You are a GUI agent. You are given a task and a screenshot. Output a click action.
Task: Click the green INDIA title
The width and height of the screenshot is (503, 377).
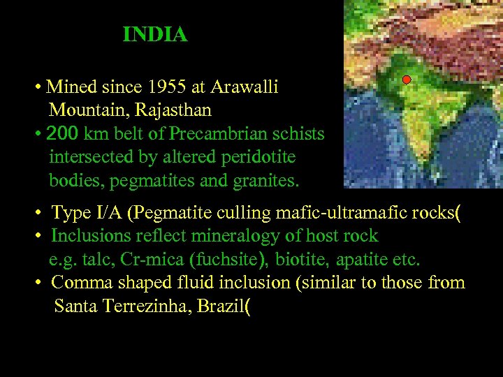click(155, 34)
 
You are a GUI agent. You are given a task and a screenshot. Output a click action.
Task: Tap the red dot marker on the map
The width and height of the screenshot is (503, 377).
click(407, 80)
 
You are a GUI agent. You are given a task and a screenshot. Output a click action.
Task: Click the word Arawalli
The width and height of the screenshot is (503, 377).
click(245, 87)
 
